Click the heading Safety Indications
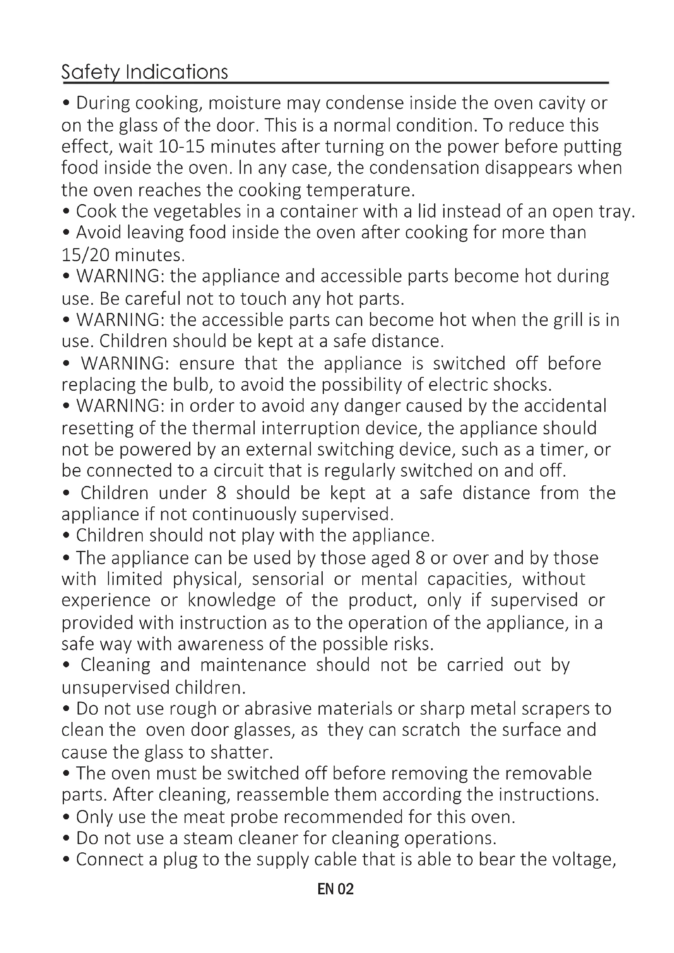click(x=144, y=72)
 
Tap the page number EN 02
click(x=335, y=889)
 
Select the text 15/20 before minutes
click(x=85, y=255)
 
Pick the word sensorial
click(x=287, y=579)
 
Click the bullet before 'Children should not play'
click(x=66, y=536)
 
